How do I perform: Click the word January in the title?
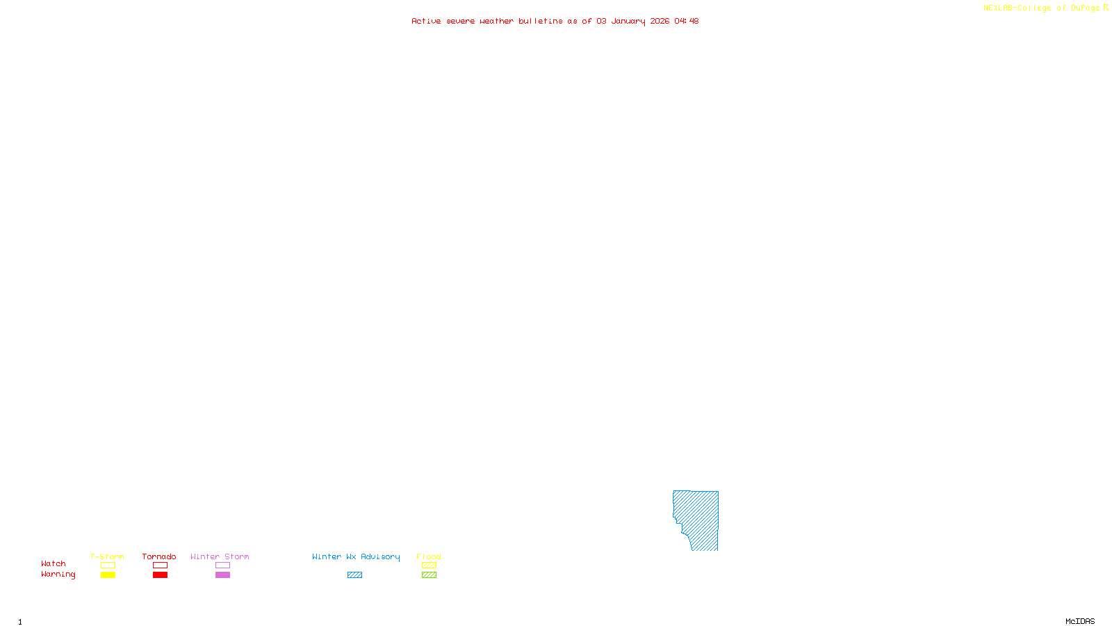click(628, 21)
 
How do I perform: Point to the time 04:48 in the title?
click(686, 21)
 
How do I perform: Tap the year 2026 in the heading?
click(660, 21)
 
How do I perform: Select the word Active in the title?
click(425, 21)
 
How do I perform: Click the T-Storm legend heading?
click(107, 556)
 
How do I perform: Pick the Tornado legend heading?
click(159, 556)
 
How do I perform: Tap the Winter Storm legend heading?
click(220, 556)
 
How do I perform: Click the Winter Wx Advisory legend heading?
click(356, 556)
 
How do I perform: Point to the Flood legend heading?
click(429, 556)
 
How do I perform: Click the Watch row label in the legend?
click(54, 564)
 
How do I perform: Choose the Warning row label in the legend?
click(58, 575)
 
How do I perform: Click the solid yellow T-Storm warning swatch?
click(108, 575)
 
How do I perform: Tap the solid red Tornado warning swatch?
click(160, 575)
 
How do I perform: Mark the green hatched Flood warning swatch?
click(429, 575)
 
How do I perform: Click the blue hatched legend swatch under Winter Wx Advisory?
click(354, 575)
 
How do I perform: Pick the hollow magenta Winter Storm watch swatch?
click(222, 565)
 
